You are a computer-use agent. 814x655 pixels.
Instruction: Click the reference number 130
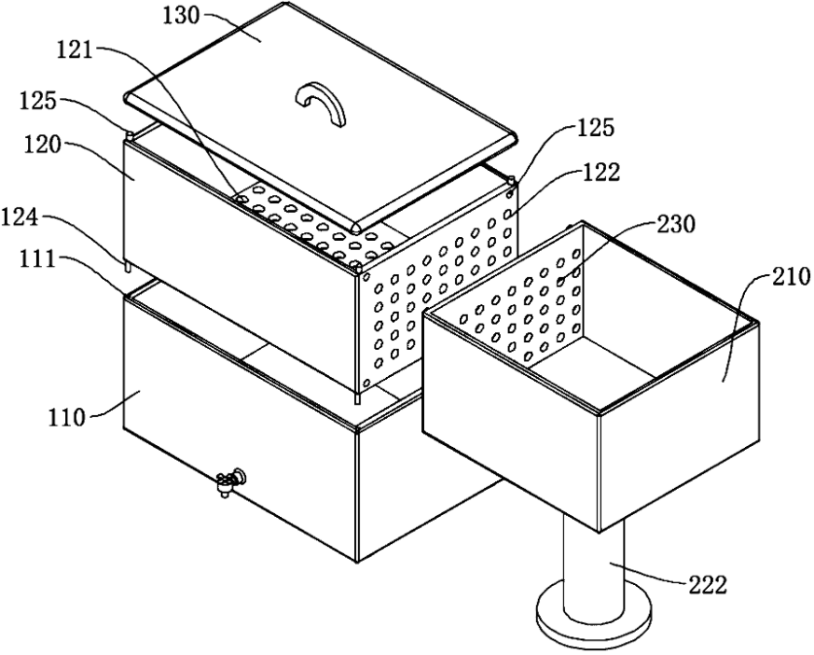click(181, 16)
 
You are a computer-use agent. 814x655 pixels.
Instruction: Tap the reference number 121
click(75, 51)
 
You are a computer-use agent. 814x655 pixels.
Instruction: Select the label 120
click(42, 145)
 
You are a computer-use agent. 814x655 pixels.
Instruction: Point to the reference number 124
click(20, 217)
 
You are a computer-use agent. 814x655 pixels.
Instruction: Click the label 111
click(38, 259)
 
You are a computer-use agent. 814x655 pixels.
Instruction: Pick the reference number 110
click(66, 416)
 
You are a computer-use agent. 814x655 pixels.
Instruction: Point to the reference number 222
click(708, 585)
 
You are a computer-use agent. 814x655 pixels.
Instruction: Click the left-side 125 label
click(38, 101)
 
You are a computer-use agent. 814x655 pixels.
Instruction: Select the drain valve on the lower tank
click(231, 481)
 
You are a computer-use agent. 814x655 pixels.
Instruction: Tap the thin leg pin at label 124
click(126, 265)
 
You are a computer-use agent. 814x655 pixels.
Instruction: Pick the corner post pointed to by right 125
click(511, 182)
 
